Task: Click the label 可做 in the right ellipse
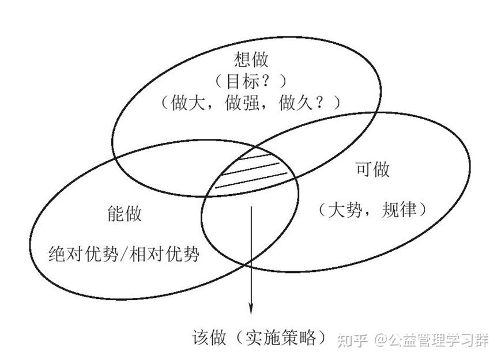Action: pos(371,169)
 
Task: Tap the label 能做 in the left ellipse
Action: pos(124,214)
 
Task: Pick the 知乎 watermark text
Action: pos(353,340)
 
